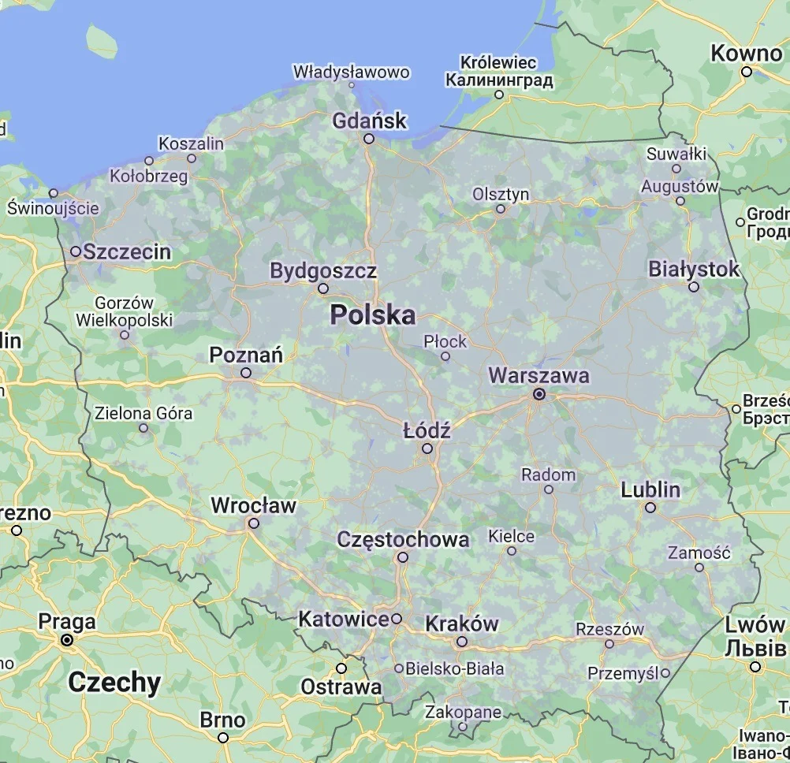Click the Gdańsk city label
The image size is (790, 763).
point(370,121)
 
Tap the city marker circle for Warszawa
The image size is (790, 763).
point(539,393)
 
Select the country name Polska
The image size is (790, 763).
point(372,315)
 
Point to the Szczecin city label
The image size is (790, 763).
point(127,251)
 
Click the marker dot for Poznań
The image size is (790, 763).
point(246,373)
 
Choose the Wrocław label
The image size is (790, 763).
point(253,505)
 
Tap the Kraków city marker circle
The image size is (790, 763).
point(462,642)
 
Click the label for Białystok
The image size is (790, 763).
point(694,269)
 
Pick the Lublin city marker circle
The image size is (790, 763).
point(650,508)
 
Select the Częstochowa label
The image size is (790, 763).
point(403,540)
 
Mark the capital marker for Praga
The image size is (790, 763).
point(67,640)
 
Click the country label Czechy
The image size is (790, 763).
point(114,682)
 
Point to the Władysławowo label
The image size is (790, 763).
point(352,72)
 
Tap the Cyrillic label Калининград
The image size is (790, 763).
point(499,80)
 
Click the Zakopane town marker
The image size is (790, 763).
point(463,727)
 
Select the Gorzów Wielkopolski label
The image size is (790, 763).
point(124,311)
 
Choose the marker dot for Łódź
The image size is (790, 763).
point(427,448)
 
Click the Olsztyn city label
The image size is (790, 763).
point(501,194)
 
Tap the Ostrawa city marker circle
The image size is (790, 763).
point(341,668)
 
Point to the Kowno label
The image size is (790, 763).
point(746,54)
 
